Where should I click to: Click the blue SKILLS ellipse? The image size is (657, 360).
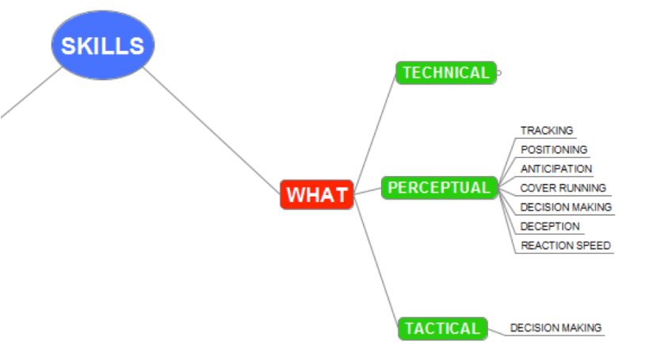102,45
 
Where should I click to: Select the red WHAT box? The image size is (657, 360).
316,194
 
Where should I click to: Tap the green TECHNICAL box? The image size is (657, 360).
445,73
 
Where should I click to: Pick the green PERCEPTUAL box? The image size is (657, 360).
439,188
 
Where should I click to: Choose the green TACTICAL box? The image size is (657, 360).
441,328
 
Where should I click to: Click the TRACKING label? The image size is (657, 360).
546,131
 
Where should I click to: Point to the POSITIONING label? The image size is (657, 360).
553,150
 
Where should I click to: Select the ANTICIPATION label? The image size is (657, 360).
556,169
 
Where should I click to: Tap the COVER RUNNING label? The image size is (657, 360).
563,188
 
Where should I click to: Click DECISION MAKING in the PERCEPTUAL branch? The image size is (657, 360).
566,207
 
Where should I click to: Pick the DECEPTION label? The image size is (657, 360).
549,226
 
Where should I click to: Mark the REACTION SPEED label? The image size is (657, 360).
565,246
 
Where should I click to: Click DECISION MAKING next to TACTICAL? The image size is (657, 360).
556,327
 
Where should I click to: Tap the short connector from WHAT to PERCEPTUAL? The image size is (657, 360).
368,191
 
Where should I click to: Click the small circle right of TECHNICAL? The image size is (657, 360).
498,73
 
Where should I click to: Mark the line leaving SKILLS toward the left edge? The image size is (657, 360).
30,94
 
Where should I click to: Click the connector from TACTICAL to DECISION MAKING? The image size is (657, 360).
495,331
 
